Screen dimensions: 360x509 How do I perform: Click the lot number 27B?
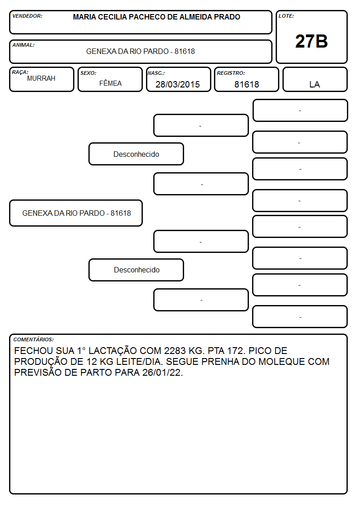tap(311, 41)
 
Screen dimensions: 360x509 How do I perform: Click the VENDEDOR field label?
tap(27, 16)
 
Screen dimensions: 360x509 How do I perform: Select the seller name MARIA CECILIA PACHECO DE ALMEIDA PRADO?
tap(156, 17)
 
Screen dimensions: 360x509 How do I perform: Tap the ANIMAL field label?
tap(24, 45)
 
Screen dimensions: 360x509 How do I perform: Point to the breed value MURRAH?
tap(41, 78)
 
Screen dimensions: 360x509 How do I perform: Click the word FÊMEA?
tap(110, 83)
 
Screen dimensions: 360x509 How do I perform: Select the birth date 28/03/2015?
tap(178, 84)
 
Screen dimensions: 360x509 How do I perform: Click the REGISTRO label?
tap(231, 73)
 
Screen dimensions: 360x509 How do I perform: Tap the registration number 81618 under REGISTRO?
tap(247, 84)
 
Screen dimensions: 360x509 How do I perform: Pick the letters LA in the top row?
tap(315, 84)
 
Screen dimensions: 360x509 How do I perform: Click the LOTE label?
tap(286, 16)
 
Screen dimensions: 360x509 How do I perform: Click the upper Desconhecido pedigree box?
tap(136, 154)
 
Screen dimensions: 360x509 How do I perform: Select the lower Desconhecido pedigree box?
tap(136, 270)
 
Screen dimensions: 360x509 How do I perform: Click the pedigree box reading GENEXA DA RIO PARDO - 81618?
tap(76, 213)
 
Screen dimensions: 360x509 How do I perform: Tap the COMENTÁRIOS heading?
tap(34, 339)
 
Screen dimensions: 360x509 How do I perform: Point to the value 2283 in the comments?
tap(175, 350)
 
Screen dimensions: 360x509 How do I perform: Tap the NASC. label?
tap(156, 73)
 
